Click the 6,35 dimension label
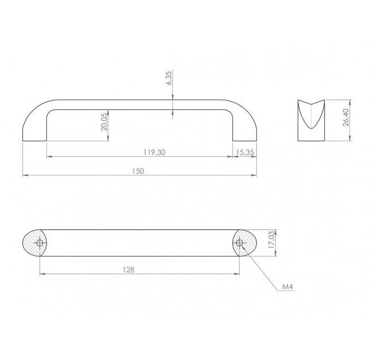coord(169,78)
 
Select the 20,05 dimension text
coord(104,124)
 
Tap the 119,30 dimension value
coord(154,152)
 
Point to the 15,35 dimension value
coord(246,152)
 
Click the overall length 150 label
coord(138,171)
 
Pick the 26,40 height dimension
coord(346,118)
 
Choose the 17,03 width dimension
coord(272,240)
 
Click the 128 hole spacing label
coord(128,269)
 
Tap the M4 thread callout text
coord(287,287)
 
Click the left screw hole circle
coord(40,243)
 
